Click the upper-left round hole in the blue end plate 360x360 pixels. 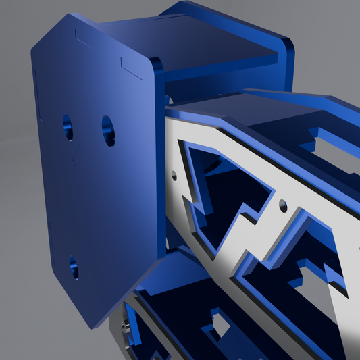68,126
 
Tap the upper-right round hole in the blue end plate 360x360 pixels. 108,130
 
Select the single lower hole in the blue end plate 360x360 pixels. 73,267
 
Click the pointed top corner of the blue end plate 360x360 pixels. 70,15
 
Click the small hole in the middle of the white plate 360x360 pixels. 282,202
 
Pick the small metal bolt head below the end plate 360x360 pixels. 124,328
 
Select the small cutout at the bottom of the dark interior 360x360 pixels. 220,324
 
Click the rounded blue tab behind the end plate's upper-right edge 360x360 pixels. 159,66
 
